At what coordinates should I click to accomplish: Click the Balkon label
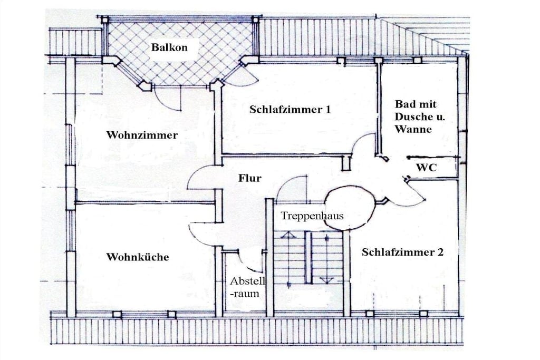pyautogui.click(x=169, y=47)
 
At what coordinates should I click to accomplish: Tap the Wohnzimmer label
pyautogui.click(x=142, y=134)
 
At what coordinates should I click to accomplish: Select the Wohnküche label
pyautogui.click(x=138, y=257)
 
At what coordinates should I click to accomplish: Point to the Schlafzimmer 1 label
pyautogui.click(x=290, y=110)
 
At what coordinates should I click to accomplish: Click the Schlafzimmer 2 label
pyautogui.click(x=402, y=252)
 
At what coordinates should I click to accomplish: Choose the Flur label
pyautogui.click(x=249, y=178)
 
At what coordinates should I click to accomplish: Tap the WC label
pyautogui.click(x=426, y=168)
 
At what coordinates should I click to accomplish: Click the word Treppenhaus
pyautogui.click(x=312, y=216)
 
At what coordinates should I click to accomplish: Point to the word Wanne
pyautogui.click(x=413, y=130)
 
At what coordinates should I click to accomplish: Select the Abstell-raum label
pyautogui.click(x=247, y=287)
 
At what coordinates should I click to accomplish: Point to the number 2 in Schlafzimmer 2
pyautogui.click(x=440, y=252)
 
